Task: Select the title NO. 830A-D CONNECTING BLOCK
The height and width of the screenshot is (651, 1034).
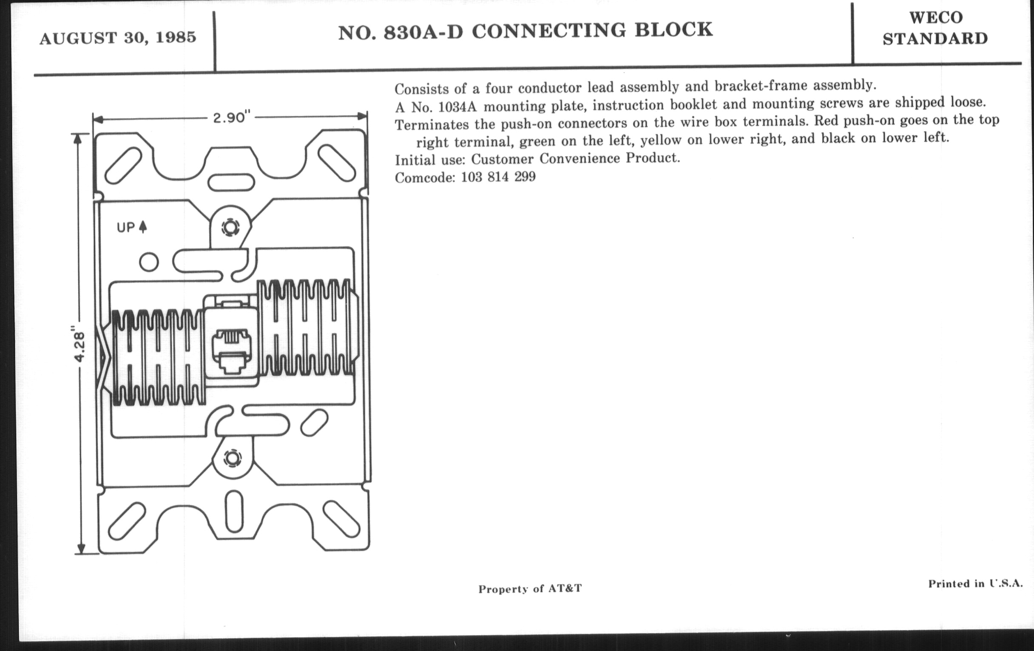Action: click(526, 31)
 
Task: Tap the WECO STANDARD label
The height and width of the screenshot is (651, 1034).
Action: click(935, 29)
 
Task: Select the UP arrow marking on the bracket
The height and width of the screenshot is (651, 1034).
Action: click(132, 227)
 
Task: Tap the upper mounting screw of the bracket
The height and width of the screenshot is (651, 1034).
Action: click(230, 227)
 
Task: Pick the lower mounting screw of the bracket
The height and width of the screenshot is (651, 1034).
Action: click(232, 458)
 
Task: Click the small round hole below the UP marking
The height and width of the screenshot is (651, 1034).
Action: click(149, 262)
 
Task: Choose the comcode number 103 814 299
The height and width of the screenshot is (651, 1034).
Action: click(499, 177)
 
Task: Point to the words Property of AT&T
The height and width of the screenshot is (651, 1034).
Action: click(530, 588)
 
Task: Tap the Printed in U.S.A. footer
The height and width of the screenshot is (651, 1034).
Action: click(976, 583)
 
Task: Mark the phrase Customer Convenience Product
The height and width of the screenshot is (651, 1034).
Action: click(576, 159)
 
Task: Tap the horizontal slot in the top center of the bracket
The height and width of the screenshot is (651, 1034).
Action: click(231, 182)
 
